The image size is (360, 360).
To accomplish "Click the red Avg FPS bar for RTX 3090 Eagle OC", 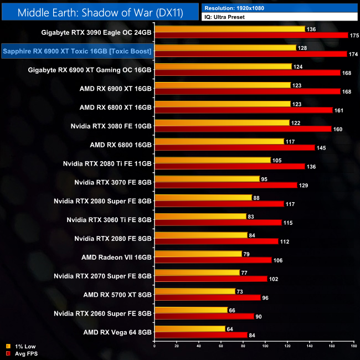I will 251,35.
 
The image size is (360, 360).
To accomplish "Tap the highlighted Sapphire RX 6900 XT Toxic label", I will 78,52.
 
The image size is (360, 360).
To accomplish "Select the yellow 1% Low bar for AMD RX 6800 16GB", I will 219,141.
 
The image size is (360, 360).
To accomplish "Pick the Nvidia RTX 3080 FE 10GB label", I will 111,126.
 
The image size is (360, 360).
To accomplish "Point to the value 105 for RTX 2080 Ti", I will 277,160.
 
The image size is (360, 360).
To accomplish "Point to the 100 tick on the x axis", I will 265,347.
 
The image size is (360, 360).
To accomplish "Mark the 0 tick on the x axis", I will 154,347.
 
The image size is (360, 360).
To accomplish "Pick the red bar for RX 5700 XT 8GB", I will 207,297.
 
